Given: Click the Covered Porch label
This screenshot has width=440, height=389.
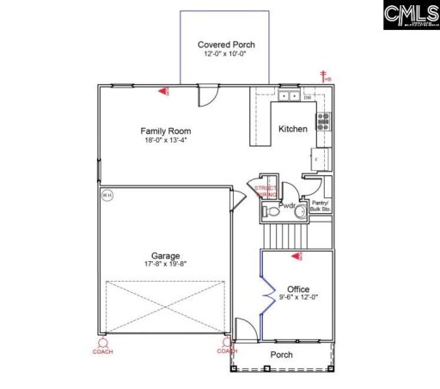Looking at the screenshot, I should point(226,45).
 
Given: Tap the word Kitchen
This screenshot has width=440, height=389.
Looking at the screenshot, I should point(292,130).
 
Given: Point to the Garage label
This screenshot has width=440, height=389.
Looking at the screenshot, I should point(166,256).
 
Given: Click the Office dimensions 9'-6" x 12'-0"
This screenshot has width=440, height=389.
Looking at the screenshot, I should point(298,298).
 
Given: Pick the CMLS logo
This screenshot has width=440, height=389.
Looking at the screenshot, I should point(400,15).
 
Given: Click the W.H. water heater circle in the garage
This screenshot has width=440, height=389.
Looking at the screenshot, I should point(107,195).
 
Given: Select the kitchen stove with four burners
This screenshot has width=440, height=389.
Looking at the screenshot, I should point(324,121).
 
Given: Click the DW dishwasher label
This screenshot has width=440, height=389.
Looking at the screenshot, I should point(307,97).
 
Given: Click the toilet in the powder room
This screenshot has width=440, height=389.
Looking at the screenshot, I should point(272,210).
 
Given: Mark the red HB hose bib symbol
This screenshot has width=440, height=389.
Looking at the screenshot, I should point(325,78).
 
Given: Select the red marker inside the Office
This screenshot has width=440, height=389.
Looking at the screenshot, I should point(296,256).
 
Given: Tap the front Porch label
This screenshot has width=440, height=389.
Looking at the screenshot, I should point(281,355).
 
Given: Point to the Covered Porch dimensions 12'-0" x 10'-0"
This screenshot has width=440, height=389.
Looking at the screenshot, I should point(226,54).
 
